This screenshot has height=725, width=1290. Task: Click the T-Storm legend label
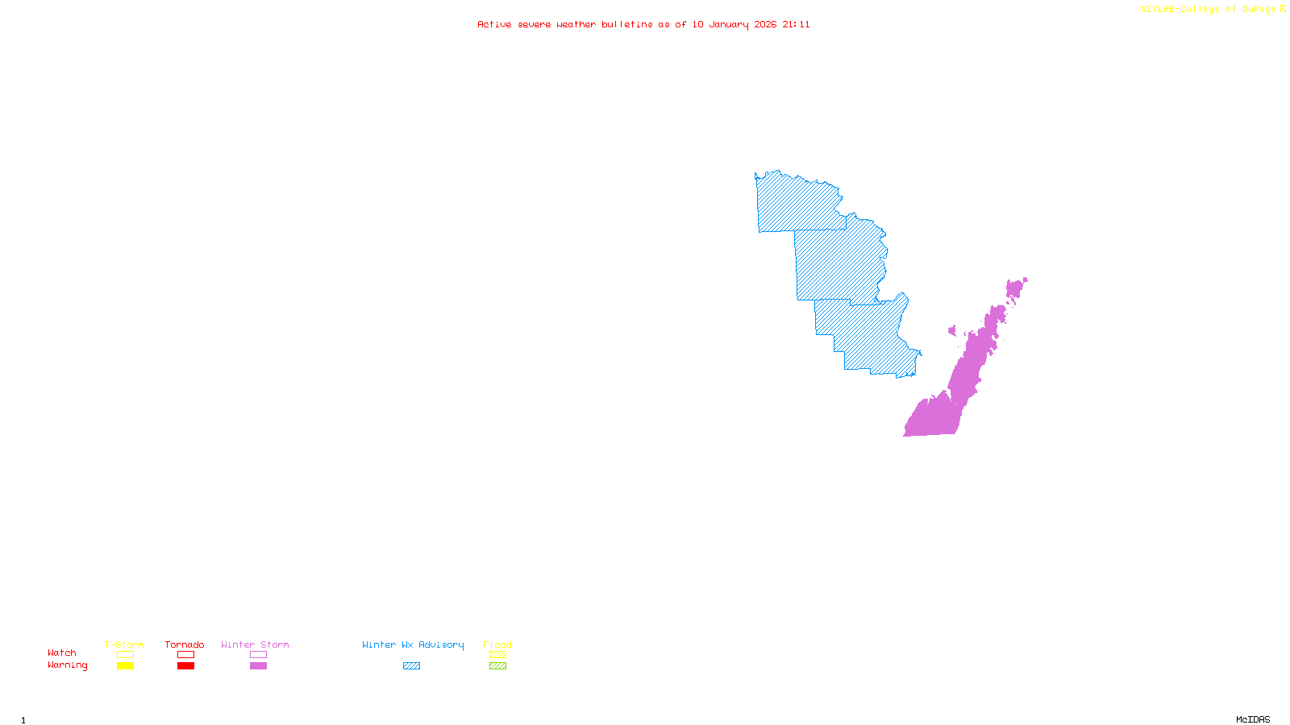coord(124,644)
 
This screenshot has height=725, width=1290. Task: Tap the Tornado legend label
coord(185,644)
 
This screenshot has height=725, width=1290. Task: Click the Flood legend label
coord(497,644)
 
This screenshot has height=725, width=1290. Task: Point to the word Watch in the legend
coord(62,652)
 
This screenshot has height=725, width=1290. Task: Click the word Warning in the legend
coord(68,665)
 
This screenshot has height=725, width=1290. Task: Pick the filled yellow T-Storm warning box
coord(125,666)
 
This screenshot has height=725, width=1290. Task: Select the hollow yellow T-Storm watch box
coord(125,655)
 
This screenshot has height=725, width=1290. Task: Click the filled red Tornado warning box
coord(185,666)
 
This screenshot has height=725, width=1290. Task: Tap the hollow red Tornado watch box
coord(185,655)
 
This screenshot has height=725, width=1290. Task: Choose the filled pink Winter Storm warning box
coord(258,666)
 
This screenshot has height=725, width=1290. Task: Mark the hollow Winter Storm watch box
coord(258,655)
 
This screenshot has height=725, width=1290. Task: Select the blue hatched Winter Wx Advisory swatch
coord(411,666)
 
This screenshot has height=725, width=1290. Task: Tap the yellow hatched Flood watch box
coord(497,655)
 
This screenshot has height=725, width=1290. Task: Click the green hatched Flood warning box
coord(497,666)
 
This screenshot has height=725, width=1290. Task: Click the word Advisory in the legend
coord(441,644)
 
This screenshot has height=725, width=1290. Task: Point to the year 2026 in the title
coord(766,24)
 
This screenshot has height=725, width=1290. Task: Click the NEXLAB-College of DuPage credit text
coord(1209,10)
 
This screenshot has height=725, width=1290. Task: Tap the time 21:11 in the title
coord(796,24)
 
